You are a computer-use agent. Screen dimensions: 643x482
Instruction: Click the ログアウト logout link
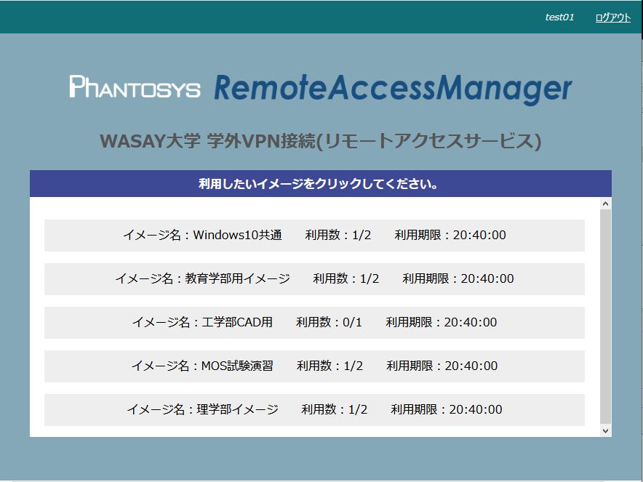[x=612, y=17]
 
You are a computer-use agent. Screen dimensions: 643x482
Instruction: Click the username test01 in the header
[x=559, y=17]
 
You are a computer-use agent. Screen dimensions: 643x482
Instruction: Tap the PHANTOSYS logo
[x=135, y=87]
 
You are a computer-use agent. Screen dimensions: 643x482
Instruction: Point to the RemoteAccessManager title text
[x=393, y=89]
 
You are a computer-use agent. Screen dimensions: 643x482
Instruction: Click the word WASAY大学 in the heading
[x=150, y=141]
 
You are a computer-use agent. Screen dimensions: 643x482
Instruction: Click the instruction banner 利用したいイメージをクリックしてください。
[x=318, y=184]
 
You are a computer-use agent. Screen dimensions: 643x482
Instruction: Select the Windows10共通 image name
[x=237, y=235]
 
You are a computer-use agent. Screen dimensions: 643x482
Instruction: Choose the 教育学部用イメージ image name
[x=237, y=278]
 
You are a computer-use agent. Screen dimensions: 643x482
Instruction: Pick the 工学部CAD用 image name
[x=237, y=322]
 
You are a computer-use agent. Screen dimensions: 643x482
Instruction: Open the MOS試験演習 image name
[x=237, y=366]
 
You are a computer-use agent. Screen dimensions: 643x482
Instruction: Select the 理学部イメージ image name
[x=237, y=409]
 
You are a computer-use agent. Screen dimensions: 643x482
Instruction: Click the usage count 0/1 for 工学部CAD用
[x=352, y=322]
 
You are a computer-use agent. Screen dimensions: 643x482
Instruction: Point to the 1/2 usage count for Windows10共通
[x=362, y=235]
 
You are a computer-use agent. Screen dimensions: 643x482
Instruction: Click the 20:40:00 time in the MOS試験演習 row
[x=471, y=366]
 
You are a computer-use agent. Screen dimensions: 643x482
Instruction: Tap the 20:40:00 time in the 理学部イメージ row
[x=476, y=409]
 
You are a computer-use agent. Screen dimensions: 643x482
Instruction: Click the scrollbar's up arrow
[x=606, y=204]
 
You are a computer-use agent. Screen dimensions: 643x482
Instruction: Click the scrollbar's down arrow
[x=606, y=431]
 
